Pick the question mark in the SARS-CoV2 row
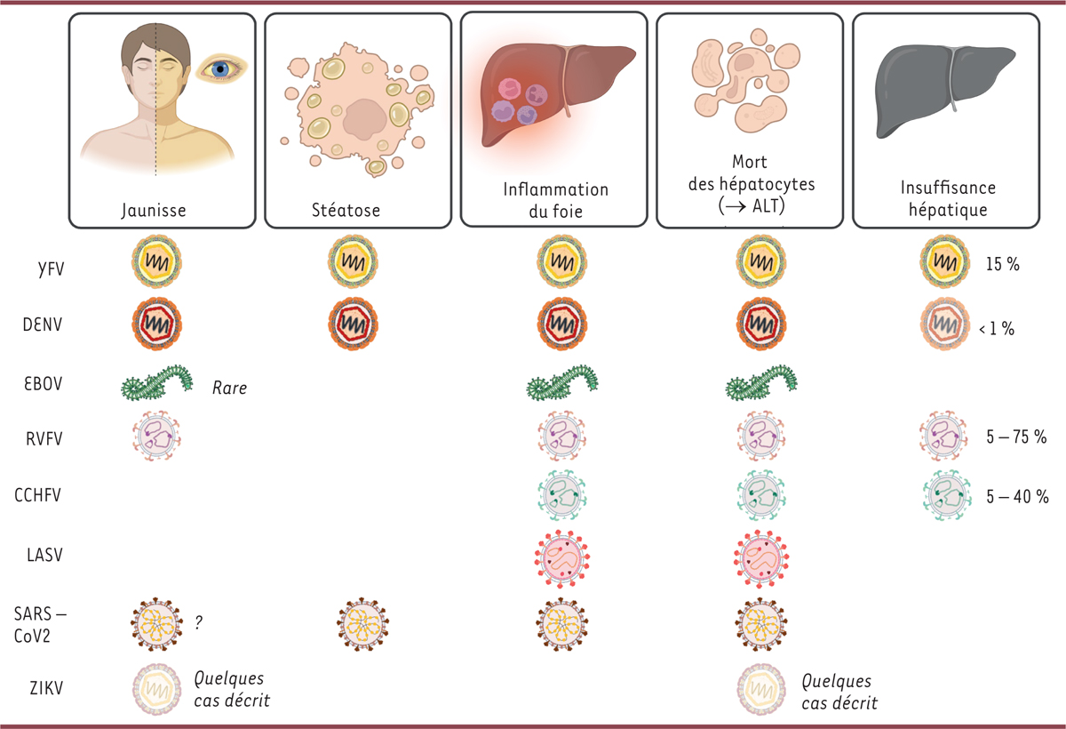[199, 623]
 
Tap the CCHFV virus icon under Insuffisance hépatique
[947, 494]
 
